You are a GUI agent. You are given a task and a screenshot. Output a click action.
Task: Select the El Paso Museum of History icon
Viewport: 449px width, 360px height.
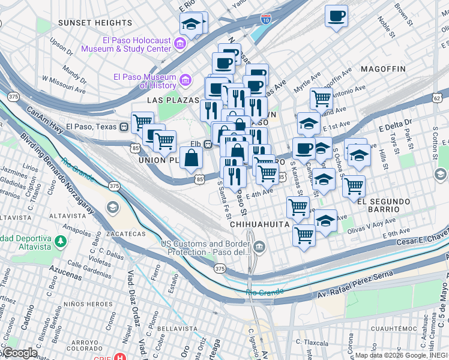(185, 80)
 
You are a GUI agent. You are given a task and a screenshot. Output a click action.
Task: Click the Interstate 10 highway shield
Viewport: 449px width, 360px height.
(265, 19)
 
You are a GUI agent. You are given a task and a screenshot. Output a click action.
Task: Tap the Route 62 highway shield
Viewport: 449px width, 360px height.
(436, 97)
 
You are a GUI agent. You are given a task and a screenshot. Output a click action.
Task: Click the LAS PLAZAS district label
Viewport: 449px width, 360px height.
(170, 100)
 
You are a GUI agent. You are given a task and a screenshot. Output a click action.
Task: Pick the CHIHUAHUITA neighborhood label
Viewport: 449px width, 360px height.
(260, 224)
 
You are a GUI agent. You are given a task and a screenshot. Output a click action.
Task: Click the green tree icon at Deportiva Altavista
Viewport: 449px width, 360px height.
(60, 241)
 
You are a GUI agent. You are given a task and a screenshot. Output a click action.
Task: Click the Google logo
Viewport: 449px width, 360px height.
(19, 353)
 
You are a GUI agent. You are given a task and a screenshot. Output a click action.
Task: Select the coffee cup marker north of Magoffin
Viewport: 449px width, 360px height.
(336, 15)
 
